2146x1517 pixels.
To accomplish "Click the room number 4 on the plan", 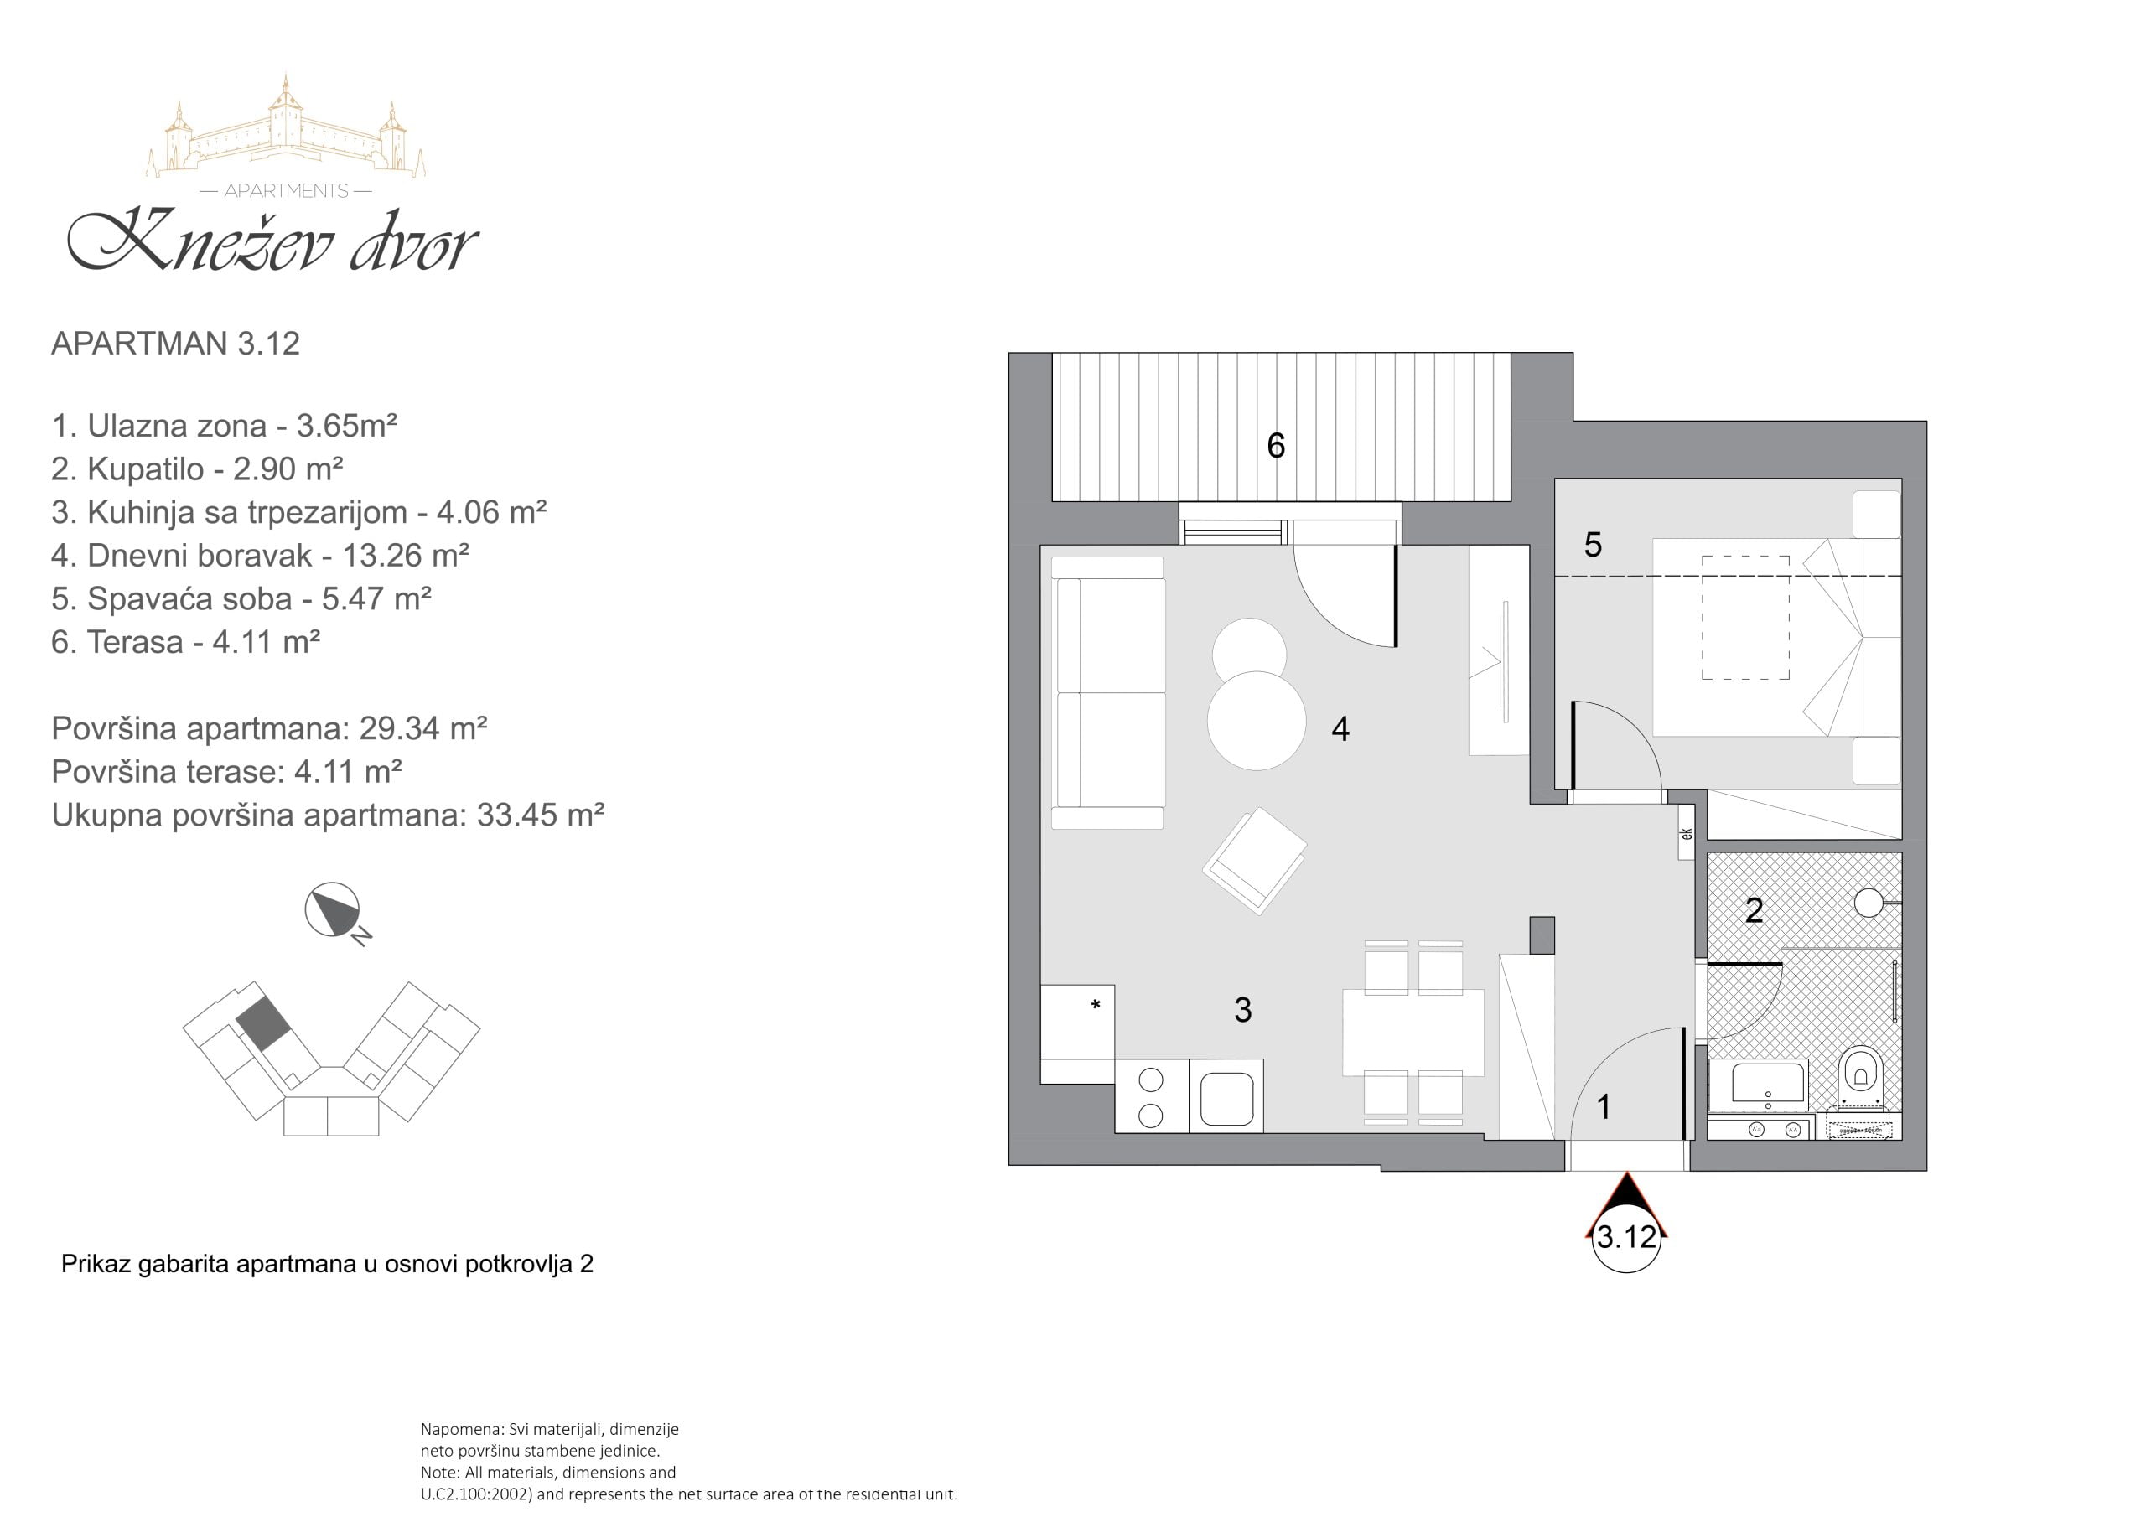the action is (x=1340, y=729).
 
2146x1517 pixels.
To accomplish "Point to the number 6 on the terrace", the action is (x=1276, y=445).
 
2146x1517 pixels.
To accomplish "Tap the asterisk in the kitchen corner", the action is (x=1096, y=1006).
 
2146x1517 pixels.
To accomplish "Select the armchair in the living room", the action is (x=1254, y=861).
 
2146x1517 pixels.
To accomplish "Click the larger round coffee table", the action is (x=1257, y=721).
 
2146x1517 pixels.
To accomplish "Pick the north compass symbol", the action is (x=334, y=910).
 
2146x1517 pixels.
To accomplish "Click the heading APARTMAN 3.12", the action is (x=176, y=343).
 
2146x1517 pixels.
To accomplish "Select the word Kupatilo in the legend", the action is (x=146, y=469).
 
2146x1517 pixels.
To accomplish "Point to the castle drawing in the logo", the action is (x=286, y=127).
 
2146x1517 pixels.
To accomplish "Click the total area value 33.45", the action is (x=514, y=815).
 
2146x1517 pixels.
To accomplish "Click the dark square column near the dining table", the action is (x=1542, y=935).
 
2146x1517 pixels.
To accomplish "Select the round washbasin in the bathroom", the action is (x=1869, y=902).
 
